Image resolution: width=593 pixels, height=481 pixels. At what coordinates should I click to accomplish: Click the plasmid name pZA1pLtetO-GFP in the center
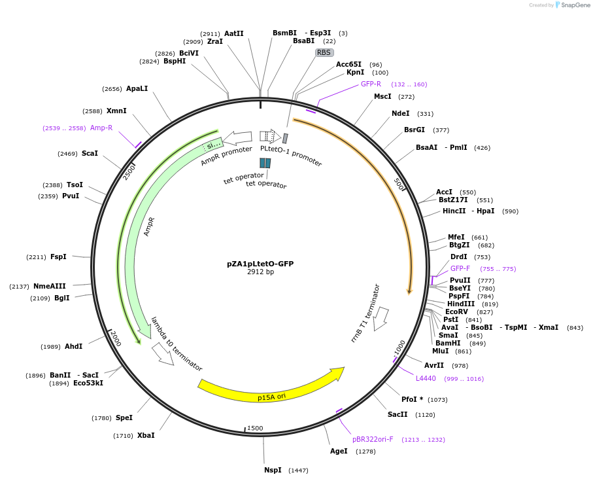click(x=260, y=264)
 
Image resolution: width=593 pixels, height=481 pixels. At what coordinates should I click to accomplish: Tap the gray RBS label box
click(x=324, y=52)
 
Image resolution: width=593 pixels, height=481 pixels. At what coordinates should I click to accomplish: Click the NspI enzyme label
click(x=273, y=470)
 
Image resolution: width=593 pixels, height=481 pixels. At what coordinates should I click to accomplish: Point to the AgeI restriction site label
click(x=339, y=451)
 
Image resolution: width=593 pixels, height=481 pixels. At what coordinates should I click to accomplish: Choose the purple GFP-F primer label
click(x=460, y=268)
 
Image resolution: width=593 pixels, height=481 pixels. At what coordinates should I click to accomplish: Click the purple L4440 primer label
click(x=426, y=378)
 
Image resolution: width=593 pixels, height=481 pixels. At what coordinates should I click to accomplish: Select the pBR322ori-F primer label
click(x=373, y=440)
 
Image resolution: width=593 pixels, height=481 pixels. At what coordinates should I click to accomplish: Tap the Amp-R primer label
click(x=101, y=128)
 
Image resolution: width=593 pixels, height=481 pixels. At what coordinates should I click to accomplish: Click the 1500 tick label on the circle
click(x=255, y=429)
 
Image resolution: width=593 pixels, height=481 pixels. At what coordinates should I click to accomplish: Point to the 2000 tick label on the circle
click(x=115, y=338)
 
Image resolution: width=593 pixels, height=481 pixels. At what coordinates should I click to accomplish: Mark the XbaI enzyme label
click(x=146, y=435)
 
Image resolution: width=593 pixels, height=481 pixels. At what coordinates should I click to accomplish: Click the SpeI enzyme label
click(x=124, y=418)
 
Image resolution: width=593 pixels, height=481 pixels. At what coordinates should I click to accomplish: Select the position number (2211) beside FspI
click(x=36, y=257)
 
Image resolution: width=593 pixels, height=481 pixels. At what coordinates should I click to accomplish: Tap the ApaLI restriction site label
click(x=137, y=88)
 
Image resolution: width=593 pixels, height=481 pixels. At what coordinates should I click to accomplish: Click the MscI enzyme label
click(x=382, y=96)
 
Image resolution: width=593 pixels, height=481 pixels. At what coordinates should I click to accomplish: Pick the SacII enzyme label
click(x=398, y=414)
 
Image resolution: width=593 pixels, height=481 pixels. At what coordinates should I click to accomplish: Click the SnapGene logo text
click(x=575, y=5)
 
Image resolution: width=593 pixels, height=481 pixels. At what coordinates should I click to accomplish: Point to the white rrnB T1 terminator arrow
click(x=381, y=317)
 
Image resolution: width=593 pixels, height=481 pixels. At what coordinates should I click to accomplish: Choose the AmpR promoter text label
click(x=226, y=155)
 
